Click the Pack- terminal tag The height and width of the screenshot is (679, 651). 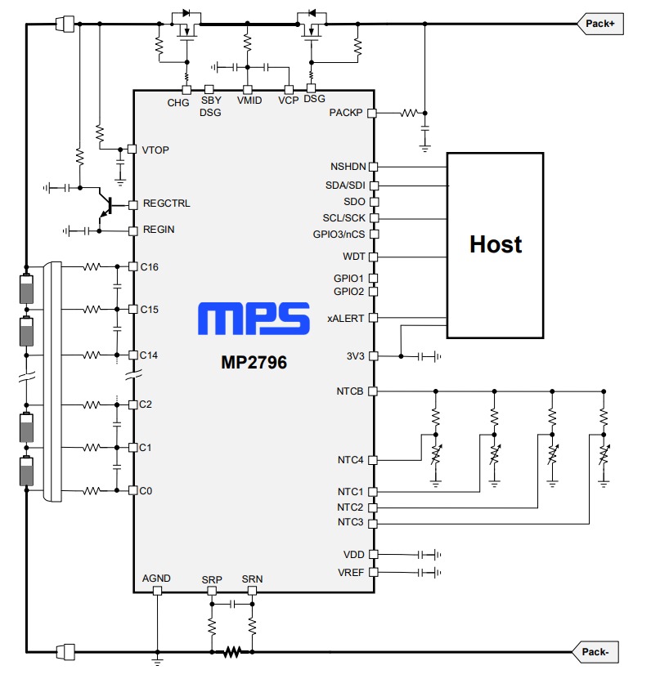pyautogui.click(x=600, y=652)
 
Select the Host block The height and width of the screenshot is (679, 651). pyautogui.click(x=495, y=244)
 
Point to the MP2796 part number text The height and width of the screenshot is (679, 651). pyautogui.click(x=254, y=361)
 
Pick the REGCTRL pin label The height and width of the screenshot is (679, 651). pyautogui.click(x=166, y=203)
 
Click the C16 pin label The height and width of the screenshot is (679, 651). pyautogui.click(x=150, y=266)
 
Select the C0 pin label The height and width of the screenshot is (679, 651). pyautogui.click(x=147, y=490)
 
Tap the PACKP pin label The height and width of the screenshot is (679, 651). pyautogui.click(x=346, y=113)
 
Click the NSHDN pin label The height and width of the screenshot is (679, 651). pyautogui.click(x=347, y=167)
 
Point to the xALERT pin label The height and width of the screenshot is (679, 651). pyautogui.click(x=346, y=318)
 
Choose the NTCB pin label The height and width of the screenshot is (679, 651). pyautogui.click(x=350, y=391)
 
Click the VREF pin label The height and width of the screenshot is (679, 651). pyautogui.click(x=350, y=572)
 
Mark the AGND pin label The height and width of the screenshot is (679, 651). pyautogui.click(x=156, y=578)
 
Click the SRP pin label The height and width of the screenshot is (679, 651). pyautogui.click(x=212, y=579)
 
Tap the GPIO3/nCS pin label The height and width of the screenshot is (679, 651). pyautogui.click(x=339, y=234)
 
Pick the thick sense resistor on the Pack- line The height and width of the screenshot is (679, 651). pyautogui.click(x=232, y=652)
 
